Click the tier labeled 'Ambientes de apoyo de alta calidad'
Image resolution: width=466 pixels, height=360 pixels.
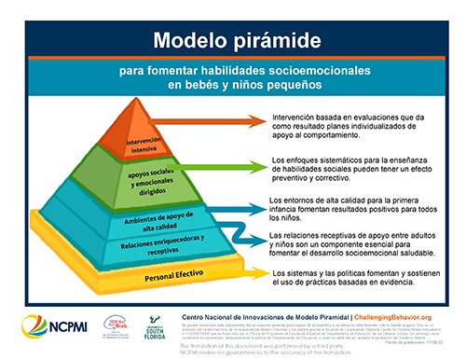tap(130, 224)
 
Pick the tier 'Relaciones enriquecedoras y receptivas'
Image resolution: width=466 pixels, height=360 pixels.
tap(130, 247)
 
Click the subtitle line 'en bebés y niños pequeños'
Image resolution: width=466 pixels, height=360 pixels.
tap(232, 88)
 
